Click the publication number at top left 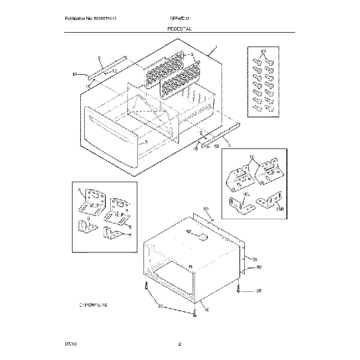91,19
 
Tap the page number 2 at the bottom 179,344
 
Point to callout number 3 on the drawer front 146,142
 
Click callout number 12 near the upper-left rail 114,72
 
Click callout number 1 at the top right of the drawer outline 215,49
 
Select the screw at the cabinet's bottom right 238,289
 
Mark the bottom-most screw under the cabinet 195,313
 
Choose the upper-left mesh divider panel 163,69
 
